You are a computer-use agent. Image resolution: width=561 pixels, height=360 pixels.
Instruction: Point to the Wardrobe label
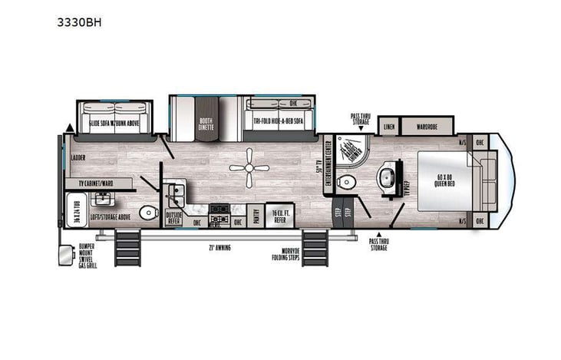(427, 125)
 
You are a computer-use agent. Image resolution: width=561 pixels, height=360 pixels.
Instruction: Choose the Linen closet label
(390, 125)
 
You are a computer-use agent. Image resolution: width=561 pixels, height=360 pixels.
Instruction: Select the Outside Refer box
(174, 217)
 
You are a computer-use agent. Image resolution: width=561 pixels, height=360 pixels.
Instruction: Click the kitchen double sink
(176, 190)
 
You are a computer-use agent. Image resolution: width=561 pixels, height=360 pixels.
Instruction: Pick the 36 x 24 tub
(76, 211)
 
